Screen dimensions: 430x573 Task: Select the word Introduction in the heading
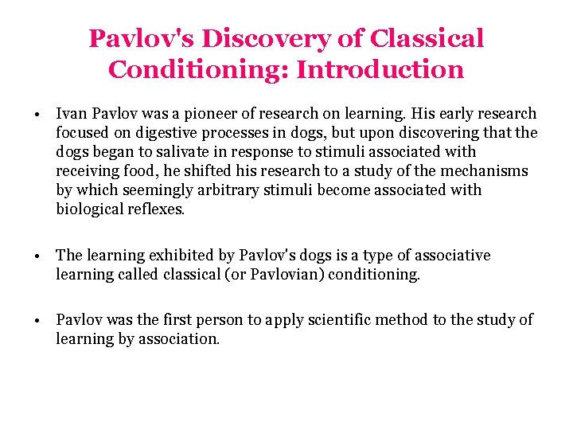tap(380, 69)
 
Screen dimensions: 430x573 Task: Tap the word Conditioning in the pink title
tap(198, 69)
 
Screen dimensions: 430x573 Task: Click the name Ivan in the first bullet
tap(72, 114)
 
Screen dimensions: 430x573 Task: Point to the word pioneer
tap(224, 114)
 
